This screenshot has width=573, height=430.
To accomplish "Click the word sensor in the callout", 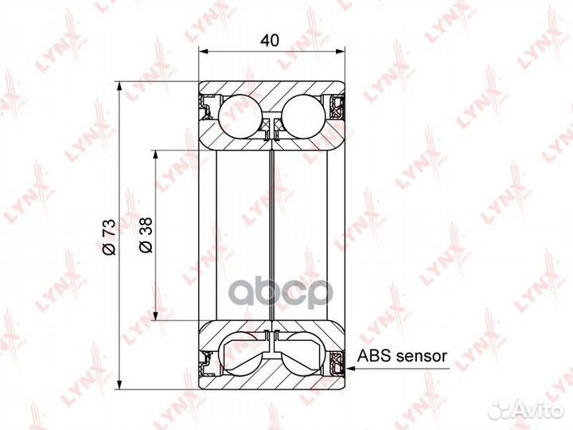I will pyautogui.click(x=423, y=356).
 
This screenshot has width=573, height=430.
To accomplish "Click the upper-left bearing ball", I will pyautogui.click(x=240, y=113).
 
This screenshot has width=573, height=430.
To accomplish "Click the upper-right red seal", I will pyautogui.click(x=339, y=105).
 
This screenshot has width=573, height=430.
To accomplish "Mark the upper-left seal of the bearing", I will pyautogui.click(x=208, y=105).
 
